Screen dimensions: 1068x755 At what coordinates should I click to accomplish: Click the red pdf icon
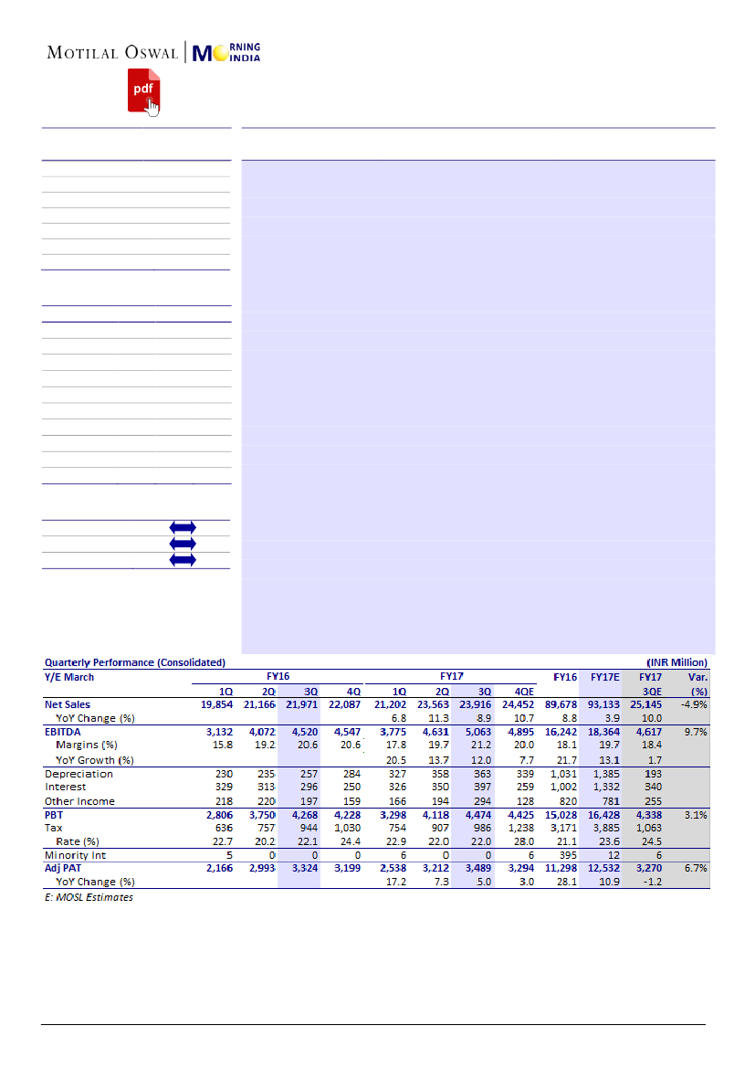click(142, 90)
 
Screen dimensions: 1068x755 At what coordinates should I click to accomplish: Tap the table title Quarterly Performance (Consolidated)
click(135, 662)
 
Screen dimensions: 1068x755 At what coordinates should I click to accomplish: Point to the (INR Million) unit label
click(676, 662)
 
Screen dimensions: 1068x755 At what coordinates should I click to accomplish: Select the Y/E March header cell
click(69, 677)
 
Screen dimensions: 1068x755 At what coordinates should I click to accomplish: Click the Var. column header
click(696, 677)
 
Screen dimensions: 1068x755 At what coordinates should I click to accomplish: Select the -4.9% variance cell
click(695, 704)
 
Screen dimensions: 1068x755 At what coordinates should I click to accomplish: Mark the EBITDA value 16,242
click(561, 732)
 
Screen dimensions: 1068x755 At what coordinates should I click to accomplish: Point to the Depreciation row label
click(79, 774)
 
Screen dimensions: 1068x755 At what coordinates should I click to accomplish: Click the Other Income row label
click(80, 801)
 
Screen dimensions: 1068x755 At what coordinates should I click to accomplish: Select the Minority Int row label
click(77, 855)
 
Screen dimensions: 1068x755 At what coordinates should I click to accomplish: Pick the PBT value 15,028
click(561, 814)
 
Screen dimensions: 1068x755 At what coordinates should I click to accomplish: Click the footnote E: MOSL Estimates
click(89, 897)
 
